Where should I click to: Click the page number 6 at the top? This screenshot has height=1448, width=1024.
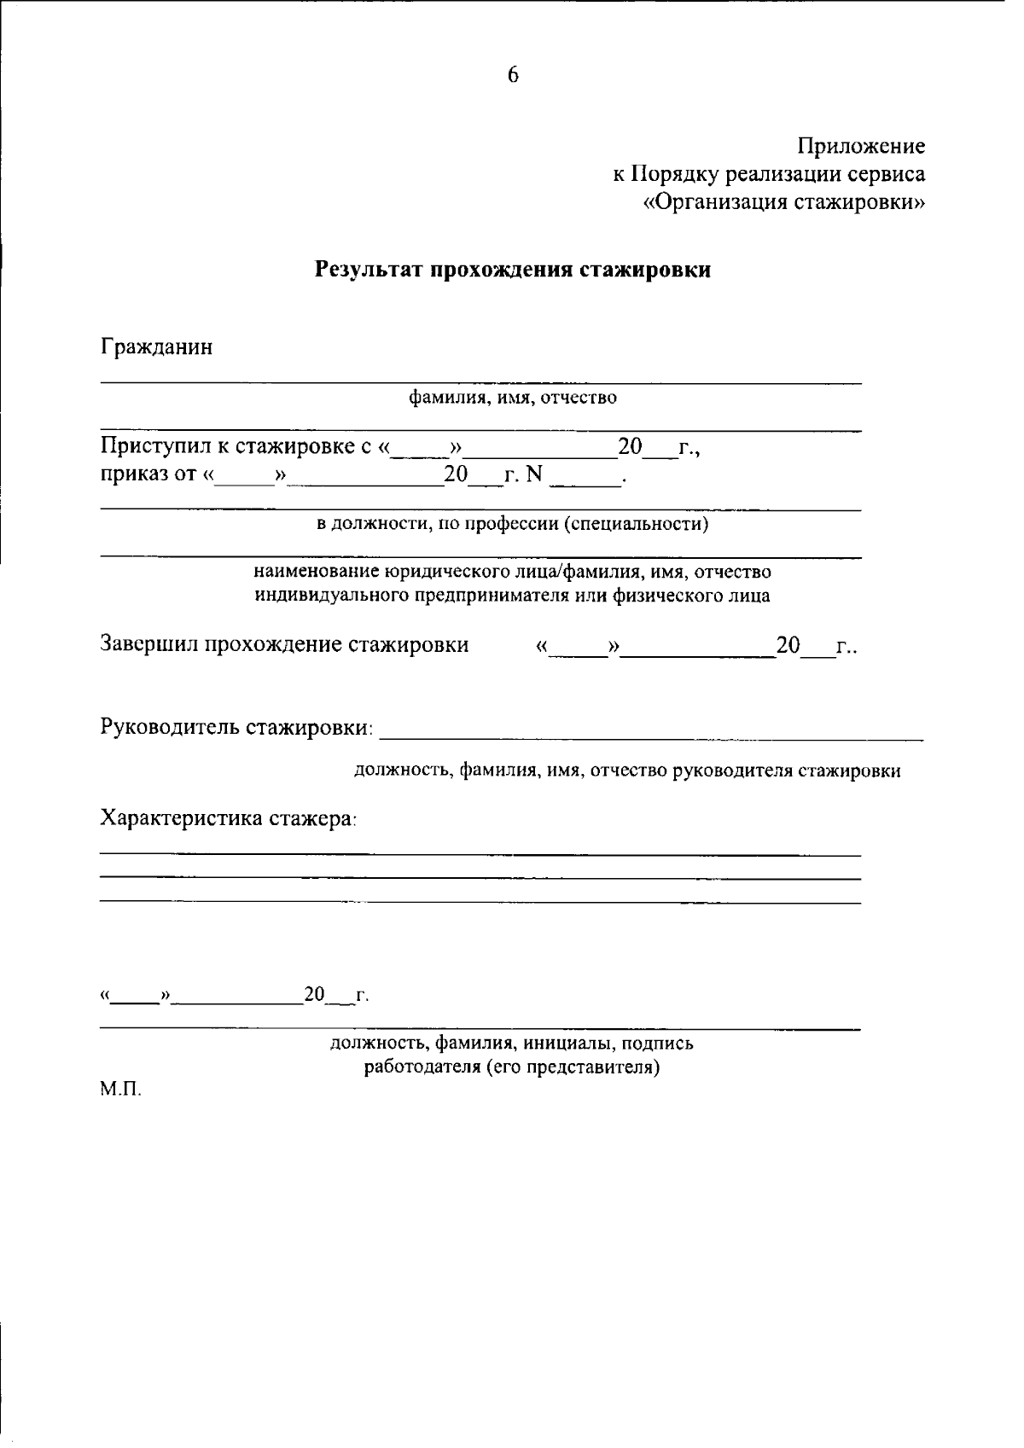513,76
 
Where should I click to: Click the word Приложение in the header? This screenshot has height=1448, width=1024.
862,147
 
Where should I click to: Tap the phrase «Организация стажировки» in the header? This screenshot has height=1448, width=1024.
784,203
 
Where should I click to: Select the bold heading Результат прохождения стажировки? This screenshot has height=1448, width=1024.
513,270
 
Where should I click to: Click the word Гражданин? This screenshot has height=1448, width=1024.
157,348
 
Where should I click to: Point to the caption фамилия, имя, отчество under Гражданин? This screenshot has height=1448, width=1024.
513,398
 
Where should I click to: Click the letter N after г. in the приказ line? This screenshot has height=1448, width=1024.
534,475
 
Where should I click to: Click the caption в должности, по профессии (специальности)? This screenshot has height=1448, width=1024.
513,523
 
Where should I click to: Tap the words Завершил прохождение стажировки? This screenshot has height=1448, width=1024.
285,645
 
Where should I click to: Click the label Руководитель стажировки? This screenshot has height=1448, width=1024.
237,728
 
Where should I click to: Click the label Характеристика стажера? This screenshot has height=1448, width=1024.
229,818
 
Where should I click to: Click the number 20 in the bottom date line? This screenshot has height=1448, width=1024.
315,995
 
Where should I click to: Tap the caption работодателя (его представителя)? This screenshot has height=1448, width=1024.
513,1067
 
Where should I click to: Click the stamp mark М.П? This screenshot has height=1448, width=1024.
120,1091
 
